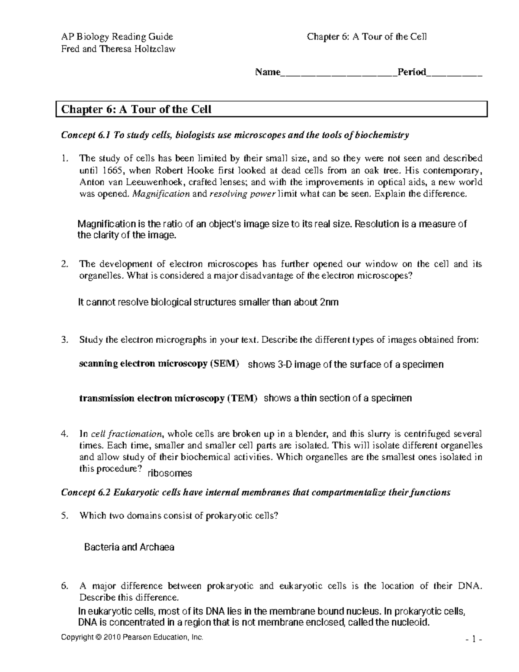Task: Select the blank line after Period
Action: click(x=454, y=73)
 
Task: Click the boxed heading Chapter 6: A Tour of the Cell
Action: click(x=136, y=109)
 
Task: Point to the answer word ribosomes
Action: click(x=170, y=473)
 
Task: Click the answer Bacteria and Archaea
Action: click(x=129, y=547)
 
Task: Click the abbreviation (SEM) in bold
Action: click(x=224, y=364)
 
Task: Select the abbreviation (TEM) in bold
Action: click(x=242, y=398)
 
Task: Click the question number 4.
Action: click(x=64, y=434)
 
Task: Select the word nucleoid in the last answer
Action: click(x=410, y=623)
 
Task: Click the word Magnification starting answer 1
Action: click(x=106, y=224)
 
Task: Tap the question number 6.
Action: click(x=64, y=586)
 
